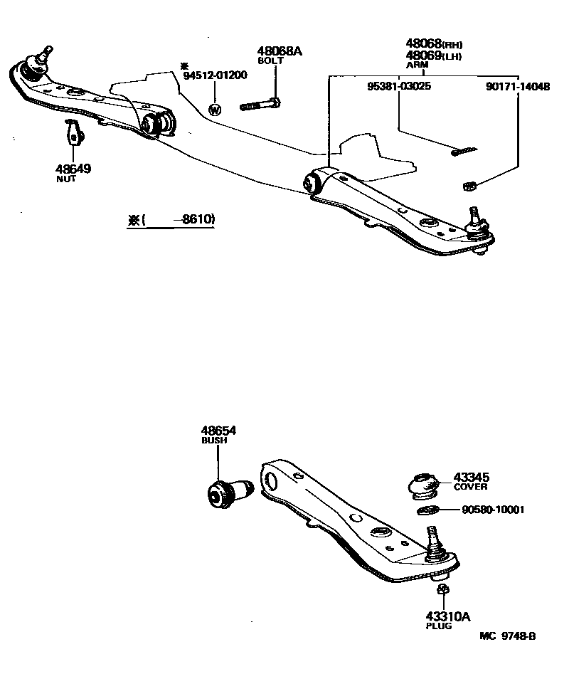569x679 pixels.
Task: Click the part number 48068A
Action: [280, 51]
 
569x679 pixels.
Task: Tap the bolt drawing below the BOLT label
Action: [261, 105]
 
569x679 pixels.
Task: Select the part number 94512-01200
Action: [215, 75]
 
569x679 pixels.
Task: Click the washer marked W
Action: [215, 109]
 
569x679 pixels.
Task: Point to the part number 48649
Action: [73, 169]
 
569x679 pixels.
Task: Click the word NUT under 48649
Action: [65, 180]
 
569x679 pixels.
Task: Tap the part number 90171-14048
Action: [518, 86]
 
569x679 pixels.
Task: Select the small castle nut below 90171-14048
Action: [469, 186]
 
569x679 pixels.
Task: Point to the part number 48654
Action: [218, 431]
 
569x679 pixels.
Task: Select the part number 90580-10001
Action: [492, 510]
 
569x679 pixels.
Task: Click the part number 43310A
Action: [449, 616]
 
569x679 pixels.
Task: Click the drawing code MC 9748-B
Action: [507, 636]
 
